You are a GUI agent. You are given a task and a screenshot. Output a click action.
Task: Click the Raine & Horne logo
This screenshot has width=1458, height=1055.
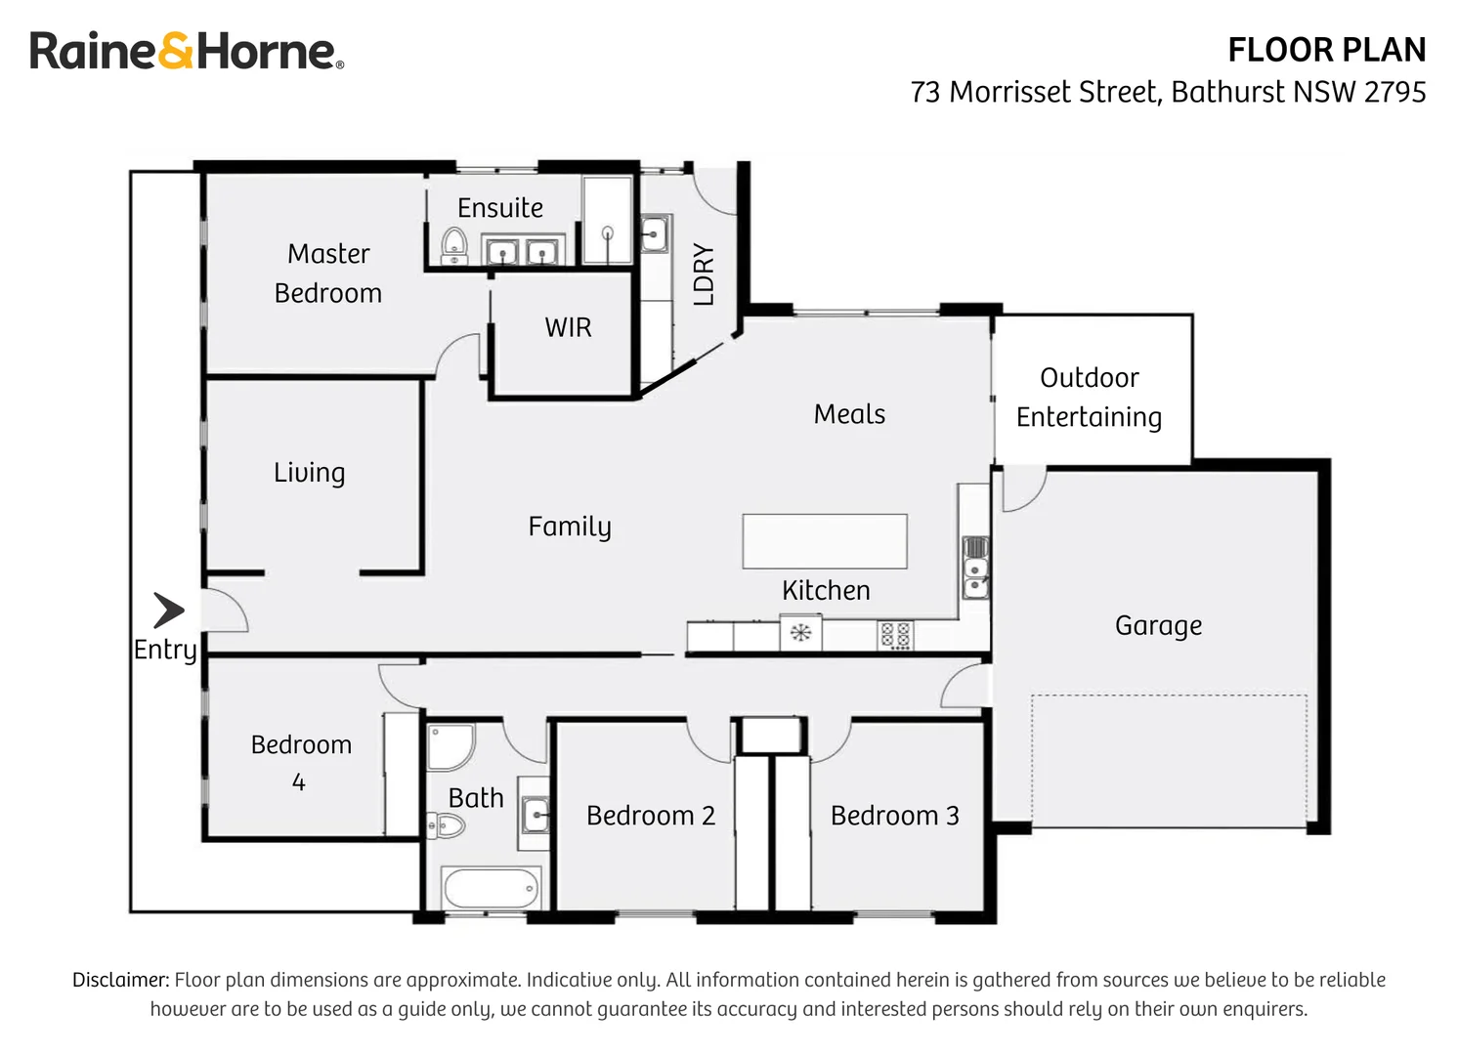[x=186, y=51]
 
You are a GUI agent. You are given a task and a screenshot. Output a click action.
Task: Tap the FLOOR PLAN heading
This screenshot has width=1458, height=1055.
[x=1326, y=50]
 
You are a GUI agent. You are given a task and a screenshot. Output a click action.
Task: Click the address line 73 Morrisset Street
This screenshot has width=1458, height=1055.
[x=1167, y=92]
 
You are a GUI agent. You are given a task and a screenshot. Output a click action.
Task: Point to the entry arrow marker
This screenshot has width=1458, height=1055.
[x=169, y=610]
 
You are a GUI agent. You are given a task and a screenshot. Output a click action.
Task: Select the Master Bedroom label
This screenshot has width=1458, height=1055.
[x=328, y=274]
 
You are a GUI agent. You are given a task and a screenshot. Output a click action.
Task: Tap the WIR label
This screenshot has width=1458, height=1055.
[x=568, y=327]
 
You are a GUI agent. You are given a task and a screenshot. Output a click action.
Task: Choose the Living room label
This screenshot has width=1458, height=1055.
[x=309, y=473]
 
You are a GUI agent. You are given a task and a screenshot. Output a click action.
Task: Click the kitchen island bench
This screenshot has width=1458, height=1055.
[x=824, y=541]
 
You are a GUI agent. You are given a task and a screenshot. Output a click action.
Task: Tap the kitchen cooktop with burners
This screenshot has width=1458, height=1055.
[x=895, y=635]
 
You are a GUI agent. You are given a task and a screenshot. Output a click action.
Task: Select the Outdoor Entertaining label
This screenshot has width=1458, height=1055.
[x=1089, y=398]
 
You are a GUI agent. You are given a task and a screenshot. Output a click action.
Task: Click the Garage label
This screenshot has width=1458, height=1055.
[x=1158, y=625]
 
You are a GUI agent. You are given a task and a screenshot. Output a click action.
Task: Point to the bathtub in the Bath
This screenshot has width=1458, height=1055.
[x=491, y=888]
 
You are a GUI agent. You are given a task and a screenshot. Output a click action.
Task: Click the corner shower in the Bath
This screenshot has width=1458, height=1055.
[x=450, y=747]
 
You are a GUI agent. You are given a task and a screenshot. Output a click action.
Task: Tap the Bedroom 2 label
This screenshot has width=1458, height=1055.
[x=651, y=816]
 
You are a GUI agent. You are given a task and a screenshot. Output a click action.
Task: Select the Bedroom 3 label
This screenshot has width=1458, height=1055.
[x=894, y=816]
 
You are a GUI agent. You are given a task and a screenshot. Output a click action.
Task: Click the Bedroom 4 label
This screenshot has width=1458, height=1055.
[x=300, y=762]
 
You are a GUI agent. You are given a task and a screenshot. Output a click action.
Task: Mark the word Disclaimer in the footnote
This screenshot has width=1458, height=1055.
[x=120, y=980]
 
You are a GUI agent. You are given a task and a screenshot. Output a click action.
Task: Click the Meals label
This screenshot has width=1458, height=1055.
[x=849, y=414]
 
